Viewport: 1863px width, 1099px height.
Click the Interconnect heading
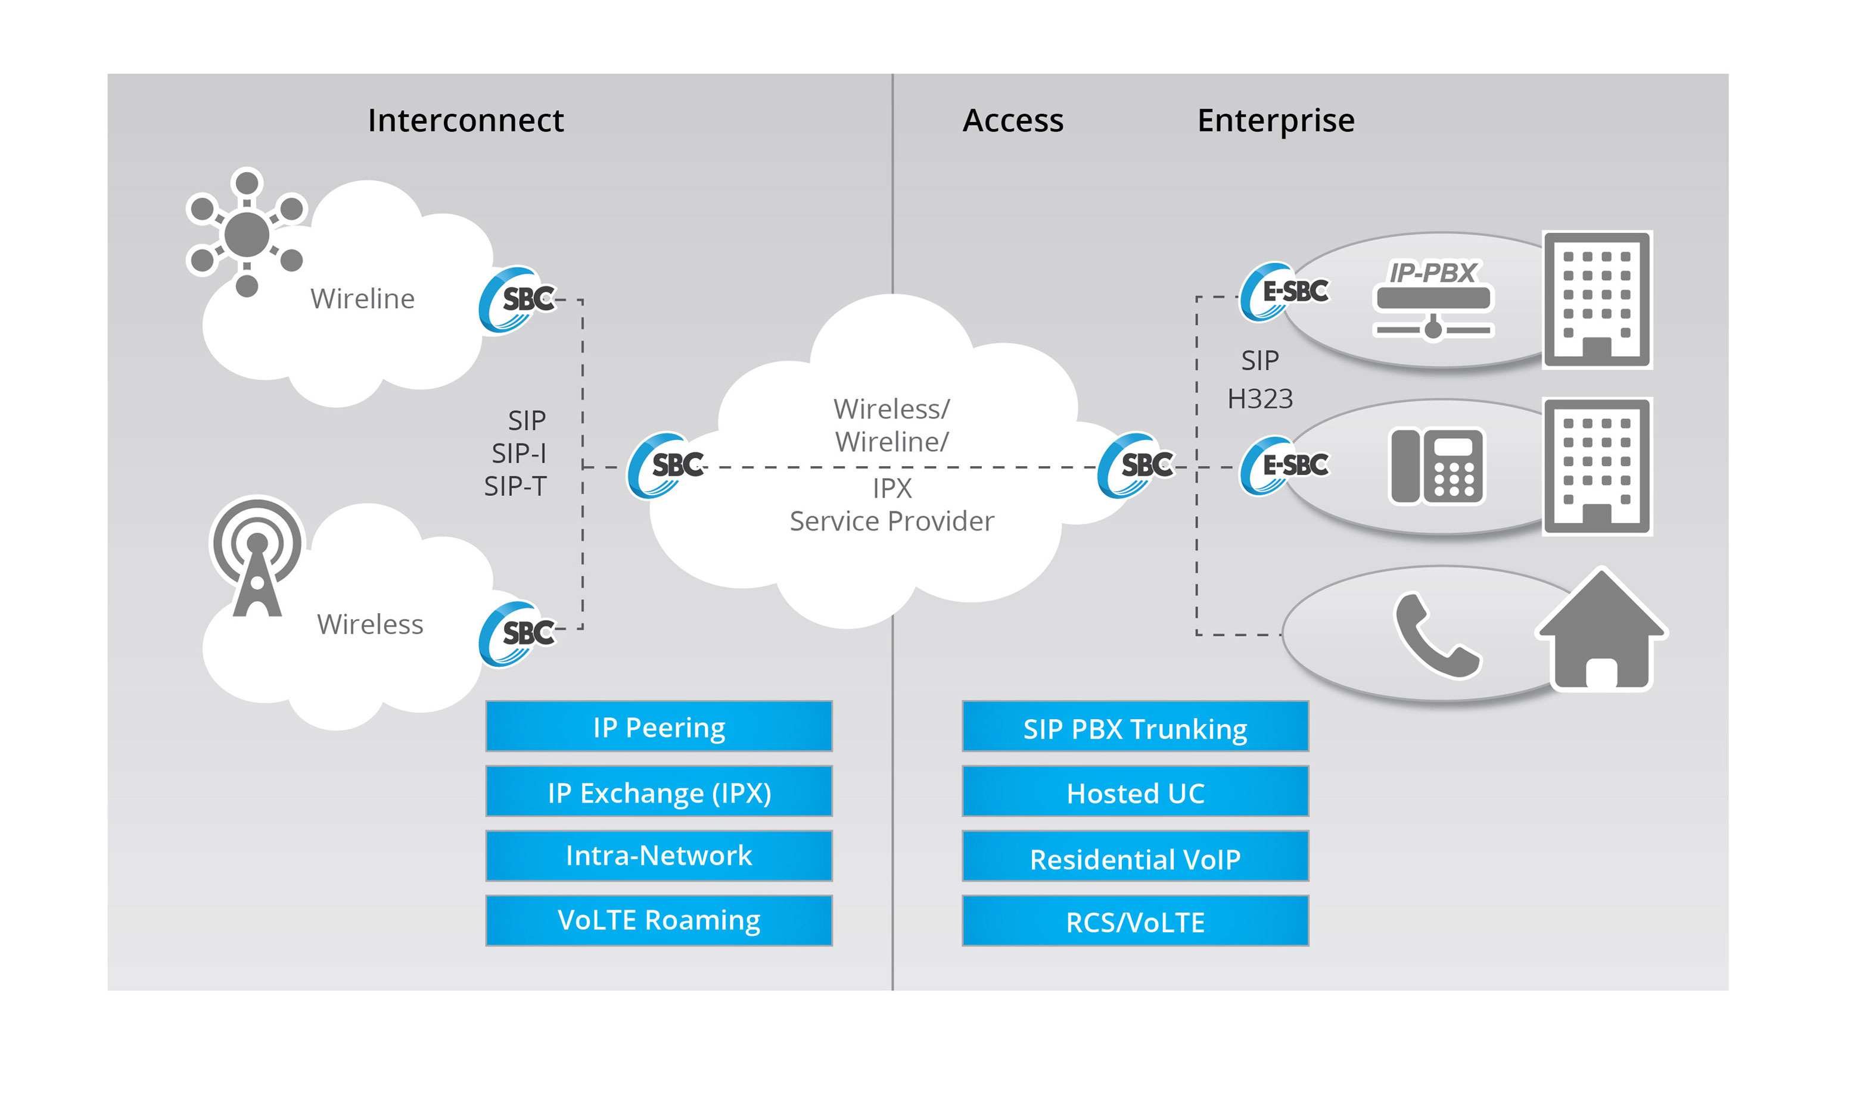(465, 121)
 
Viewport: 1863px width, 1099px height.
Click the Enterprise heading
(1276, 121)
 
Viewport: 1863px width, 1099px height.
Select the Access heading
(1012, 121)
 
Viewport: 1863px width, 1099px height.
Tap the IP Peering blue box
(659, 726)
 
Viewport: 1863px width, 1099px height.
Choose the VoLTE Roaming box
(659, 920)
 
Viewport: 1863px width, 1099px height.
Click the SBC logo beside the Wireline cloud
(517, 299)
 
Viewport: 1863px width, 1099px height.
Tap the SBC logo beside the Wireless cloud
(517, 633)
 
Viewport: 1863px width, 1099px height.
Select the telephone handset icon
(1435, 635)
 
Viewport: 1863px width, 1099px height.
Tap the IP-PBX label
(1432, 273)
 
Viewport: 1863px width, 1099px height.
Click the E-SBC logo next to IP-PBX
(1284, 291)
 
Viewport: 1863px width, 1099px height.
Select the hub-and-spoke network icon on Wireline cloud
(246, 233)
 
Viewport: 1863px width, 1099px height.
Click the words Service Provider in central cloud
(891, 522)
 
